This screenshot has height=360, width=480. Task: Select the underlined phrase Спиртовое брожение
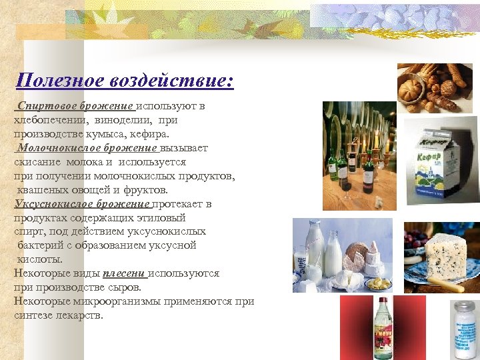coord(77,106)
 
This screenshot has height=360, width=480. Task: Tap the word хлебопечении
coord(49,120)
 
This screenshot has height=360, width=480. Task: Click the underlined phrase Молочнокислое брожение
coord(87,148)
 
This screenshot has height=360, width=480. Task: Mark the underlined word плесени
coord(125,273)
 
